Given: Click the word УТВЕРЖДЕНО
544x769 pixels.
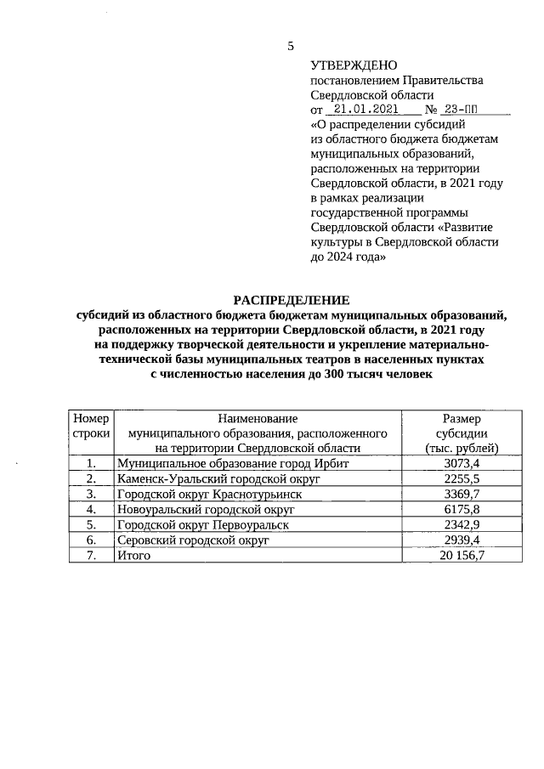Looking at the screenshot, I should (x=348, y=65).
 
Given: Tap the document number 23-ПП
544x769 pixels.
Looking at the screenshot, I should (x=466, y=110).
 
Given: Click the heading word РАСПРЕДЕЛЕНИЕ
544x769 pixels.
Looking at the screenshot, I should (x=292, y=300).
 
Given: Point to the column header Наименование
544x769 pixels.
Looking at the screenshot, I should (x=258, y=418).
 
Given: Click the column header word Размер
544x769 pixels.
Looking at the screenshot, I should (x=462, y=418).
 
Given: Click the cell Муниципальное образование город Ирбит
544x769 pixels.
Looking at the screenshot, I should (x=234, y=463).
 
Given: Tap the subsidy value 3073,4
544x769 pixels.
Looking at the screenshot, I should (x=462, y=463).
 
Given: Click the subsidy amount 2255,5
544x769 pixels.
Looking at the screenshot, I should (x=462, y=478).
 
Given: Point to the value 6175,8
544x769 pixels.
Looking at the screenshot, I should (x=462, y=509).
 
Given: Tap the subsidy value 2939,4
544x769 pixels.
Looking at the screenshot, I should (x=462, y=540).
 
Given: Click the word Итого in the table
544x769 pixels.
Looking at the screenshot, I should (x=134, y=555).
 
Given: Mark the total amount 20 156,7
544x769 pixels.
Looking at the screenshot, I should (x=462, y=555).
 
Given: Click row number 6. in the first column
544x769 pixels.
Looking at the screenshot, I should (x=92, y=540).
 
